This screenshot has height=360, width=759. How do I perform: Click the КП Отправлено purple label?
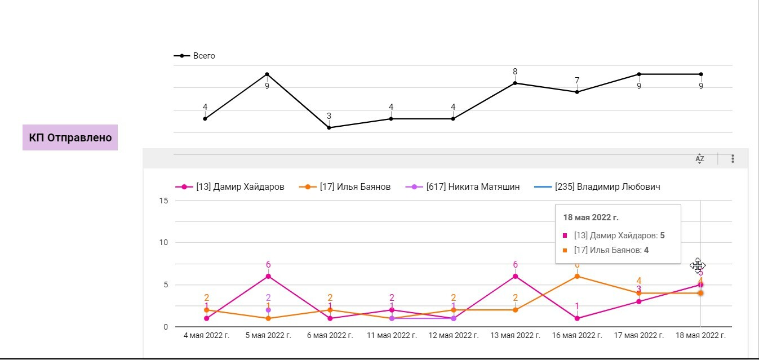tap(70, 137)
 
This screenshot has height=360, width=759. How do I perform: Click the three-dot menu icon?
tap(733, 159)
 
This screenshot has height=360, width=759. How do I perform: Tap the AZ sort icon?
tap(700, 159)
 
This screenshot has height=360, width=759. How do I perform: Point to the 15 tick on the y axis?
tap(164, 201)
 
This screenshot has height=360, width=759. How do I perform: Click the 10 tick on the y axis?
tap(164, 243)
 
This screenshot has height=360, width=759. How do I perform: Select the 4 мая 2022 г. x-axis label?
tap(206, 335)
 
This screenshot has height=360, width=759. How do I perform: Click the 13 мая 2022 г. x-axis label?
tap(515, 335)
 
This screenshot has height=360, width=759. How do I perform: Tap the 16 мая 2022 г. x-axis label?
tap(577, 335)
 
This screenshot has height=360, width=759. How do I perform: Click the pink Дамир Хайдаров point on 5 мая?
tap(268, 276)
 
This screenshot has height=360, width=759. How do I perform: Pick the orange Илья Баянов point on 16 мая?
tap(577, 276)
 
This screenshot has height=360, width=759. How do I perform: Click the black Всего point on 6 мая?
tap(329, 128)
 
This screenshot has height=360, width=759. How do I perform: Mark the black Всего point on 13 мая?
tap(515, 83)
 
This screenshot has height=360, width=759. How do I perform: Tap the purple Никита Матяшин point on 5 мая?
tap(268, 310)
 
